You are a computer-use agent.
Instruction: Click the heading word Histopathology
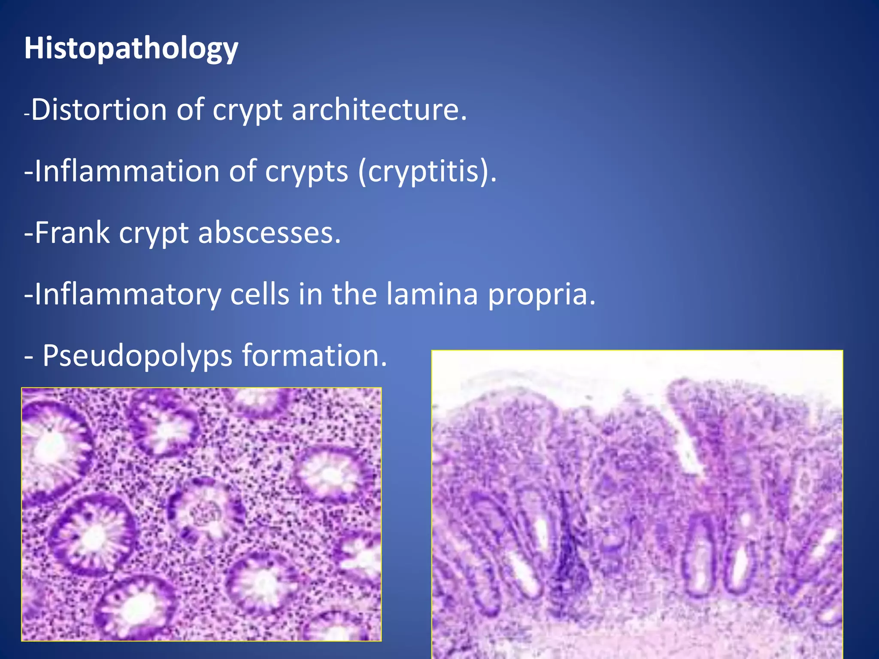click(x=131, y=48)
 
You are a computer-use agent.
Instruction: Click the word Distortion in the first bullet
click(x=99, y=110)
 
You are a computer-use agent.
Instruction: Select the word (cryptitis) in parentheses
click(x=427, y=172)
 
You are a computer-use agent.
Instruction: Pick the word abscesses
click(x=269, y=233)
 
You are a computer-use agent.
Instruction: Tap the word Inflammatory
click(x=127, y=294)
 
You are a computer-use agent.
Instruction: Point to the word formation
click(x=315, y=356)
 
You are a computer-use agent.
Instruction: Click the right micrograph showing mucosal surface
click(x=637, y=504)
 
